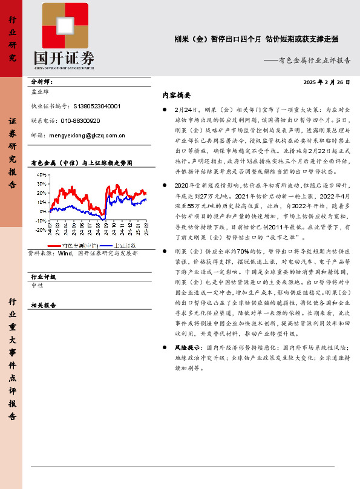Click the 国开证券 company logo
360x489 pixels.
pos(64,36)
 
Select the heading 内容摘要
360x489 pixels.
pos(177,95)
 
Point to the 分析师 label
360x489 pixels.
pos(41,82)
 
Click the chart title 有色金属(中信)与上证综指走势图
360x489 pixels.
pos(80,163)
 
